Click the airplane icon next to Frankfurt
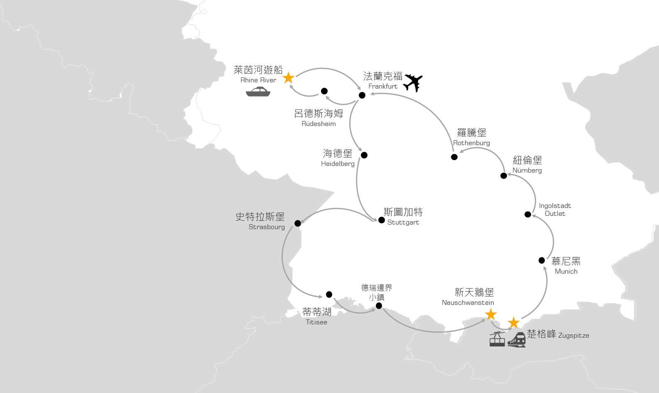413,83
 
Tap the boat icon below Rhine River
258,91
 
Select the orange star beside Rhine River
288,78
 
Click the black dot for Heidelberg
364,155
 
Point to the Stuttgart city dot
382,220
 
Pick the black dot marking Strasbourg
298,223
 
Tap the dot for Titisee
329,294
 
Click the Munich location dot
541,260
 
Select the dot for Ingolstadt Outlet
528,215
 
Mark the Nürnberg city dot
504,176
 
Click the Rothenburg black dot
454,157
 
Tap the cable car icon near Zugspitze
497,339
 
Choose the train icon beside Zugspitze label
517,340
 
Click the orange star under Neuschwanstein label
491,314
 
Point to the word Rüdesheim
318,124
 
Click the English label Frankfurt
383,87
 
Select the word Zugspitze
574,336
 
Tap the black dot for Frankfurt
362,95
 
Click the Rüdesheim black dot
324,91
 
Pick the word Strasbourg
267,227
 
